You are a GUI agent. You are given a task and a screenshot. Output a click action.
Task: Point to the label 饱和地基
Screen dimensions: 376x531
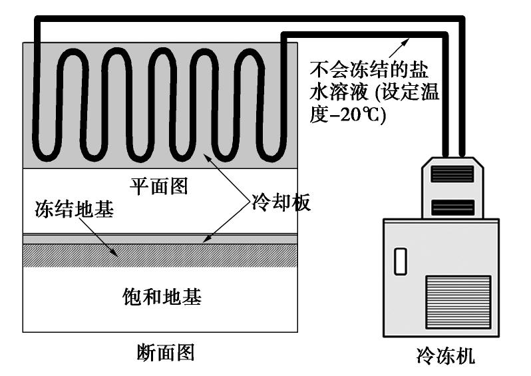(x=162, y=297)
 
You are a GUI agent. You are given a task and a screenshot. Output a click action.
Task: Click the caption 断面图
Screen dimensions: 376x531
(x=165, y=351)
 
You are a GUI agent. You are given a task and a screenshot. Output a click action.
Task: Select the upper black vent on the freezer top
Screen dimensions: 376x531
(x=452, y=174)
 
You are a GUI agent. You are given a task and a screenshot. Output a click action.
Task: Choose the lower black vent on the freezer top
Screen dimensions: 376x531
(x=452, y=207)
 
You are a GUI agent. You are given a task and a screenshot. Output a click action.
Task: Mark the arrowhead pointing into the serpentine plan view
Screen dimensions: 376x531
(x=206, y=156)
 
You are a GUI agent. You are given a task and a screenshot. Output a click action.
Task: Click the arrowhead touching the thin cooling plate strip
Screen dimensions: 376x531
(x=206, y=239)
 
